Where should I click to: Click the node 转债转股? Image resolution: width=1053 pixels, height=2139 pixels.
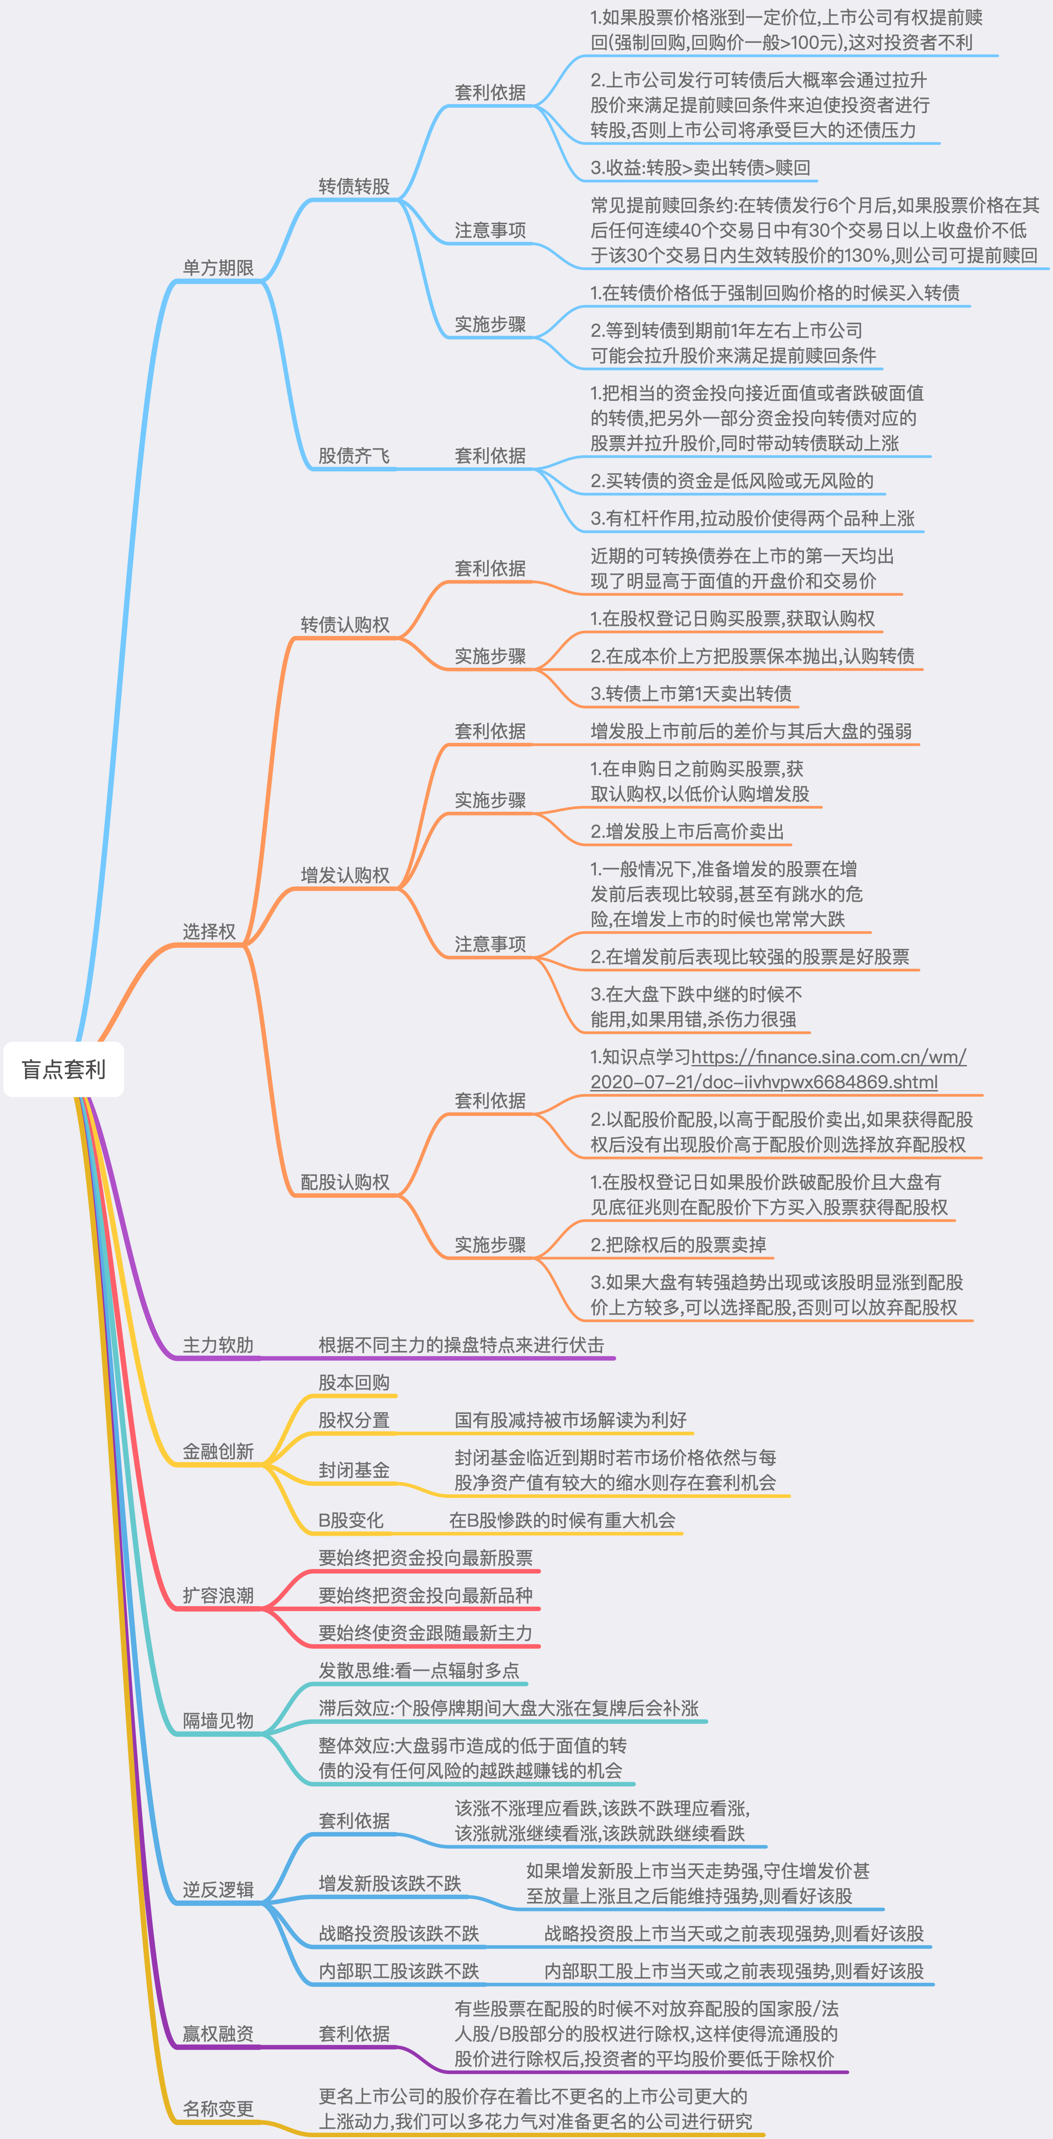[354, 186]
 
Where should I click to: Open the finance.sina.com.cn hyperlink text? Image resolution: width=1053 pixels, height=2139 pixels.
[828, 1057]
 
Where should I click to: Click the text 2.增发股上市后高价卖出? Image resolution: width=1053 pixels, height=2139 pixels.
[687, 831]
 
